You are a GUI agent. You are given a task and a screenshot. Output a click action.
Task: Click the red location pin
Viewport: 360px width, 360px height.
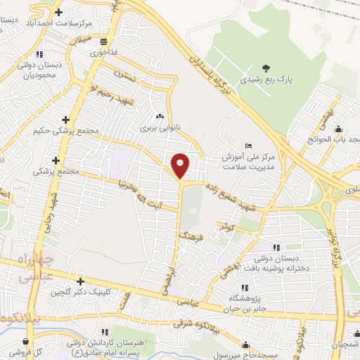click(x=181, y=165)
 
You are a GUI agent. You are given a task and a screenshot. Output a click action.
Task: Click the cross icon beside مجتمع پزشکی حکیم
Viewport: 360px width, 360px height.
click(x=65, y=120)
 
